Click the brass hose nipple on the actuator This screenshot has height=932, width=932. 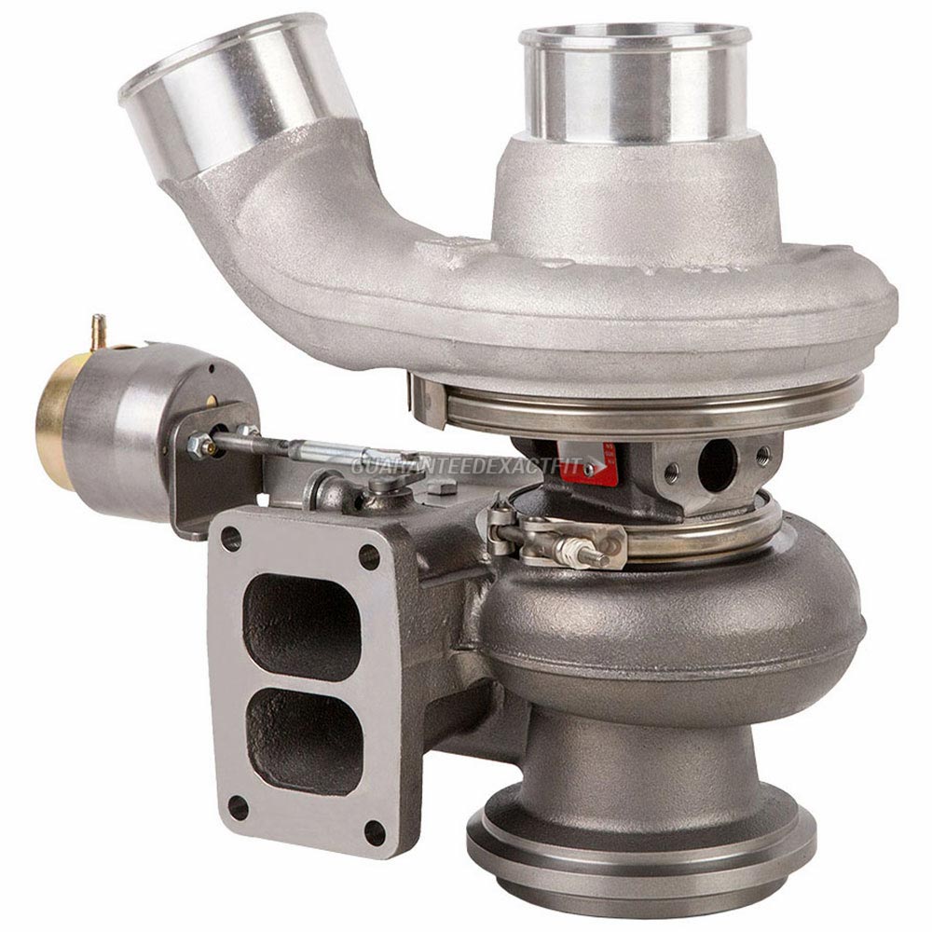tap(98, 331)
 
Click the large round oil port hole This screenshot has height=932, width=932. tap(717, 463)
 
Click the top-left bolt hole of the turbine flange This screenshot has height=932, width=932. tap(231, 539)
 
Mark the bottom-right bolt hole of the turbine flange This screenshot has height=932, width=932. tap(375, 833)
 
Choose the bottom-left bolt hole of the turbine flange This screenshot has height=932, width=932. tap(238, 807)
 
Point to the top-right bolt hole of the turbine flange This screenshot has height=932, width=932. tap(369, 557)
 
